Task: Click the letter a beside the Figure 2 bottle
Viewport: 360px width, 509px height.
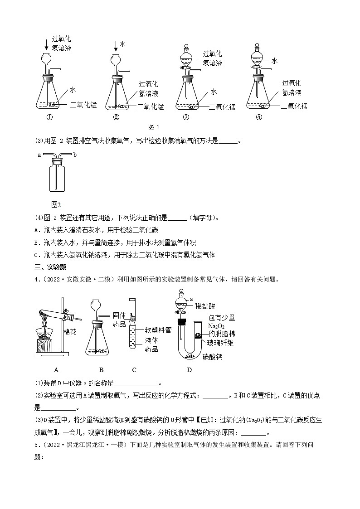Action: coord(39,155)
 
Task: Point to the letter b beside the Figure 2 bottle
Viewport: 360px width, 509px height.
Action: coord(75,155)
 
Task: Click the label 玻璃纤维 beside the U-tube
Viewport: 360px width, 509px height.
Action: coord(221,343)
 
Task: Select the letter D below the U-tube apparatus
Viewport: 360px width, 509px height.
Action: coord(189,369)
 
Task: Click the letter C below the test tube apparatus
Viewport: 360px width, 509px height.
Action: coord(134,369)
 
